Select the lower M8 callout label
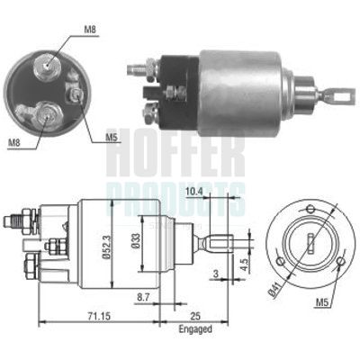15,142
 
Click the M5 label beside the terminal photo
111,138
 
